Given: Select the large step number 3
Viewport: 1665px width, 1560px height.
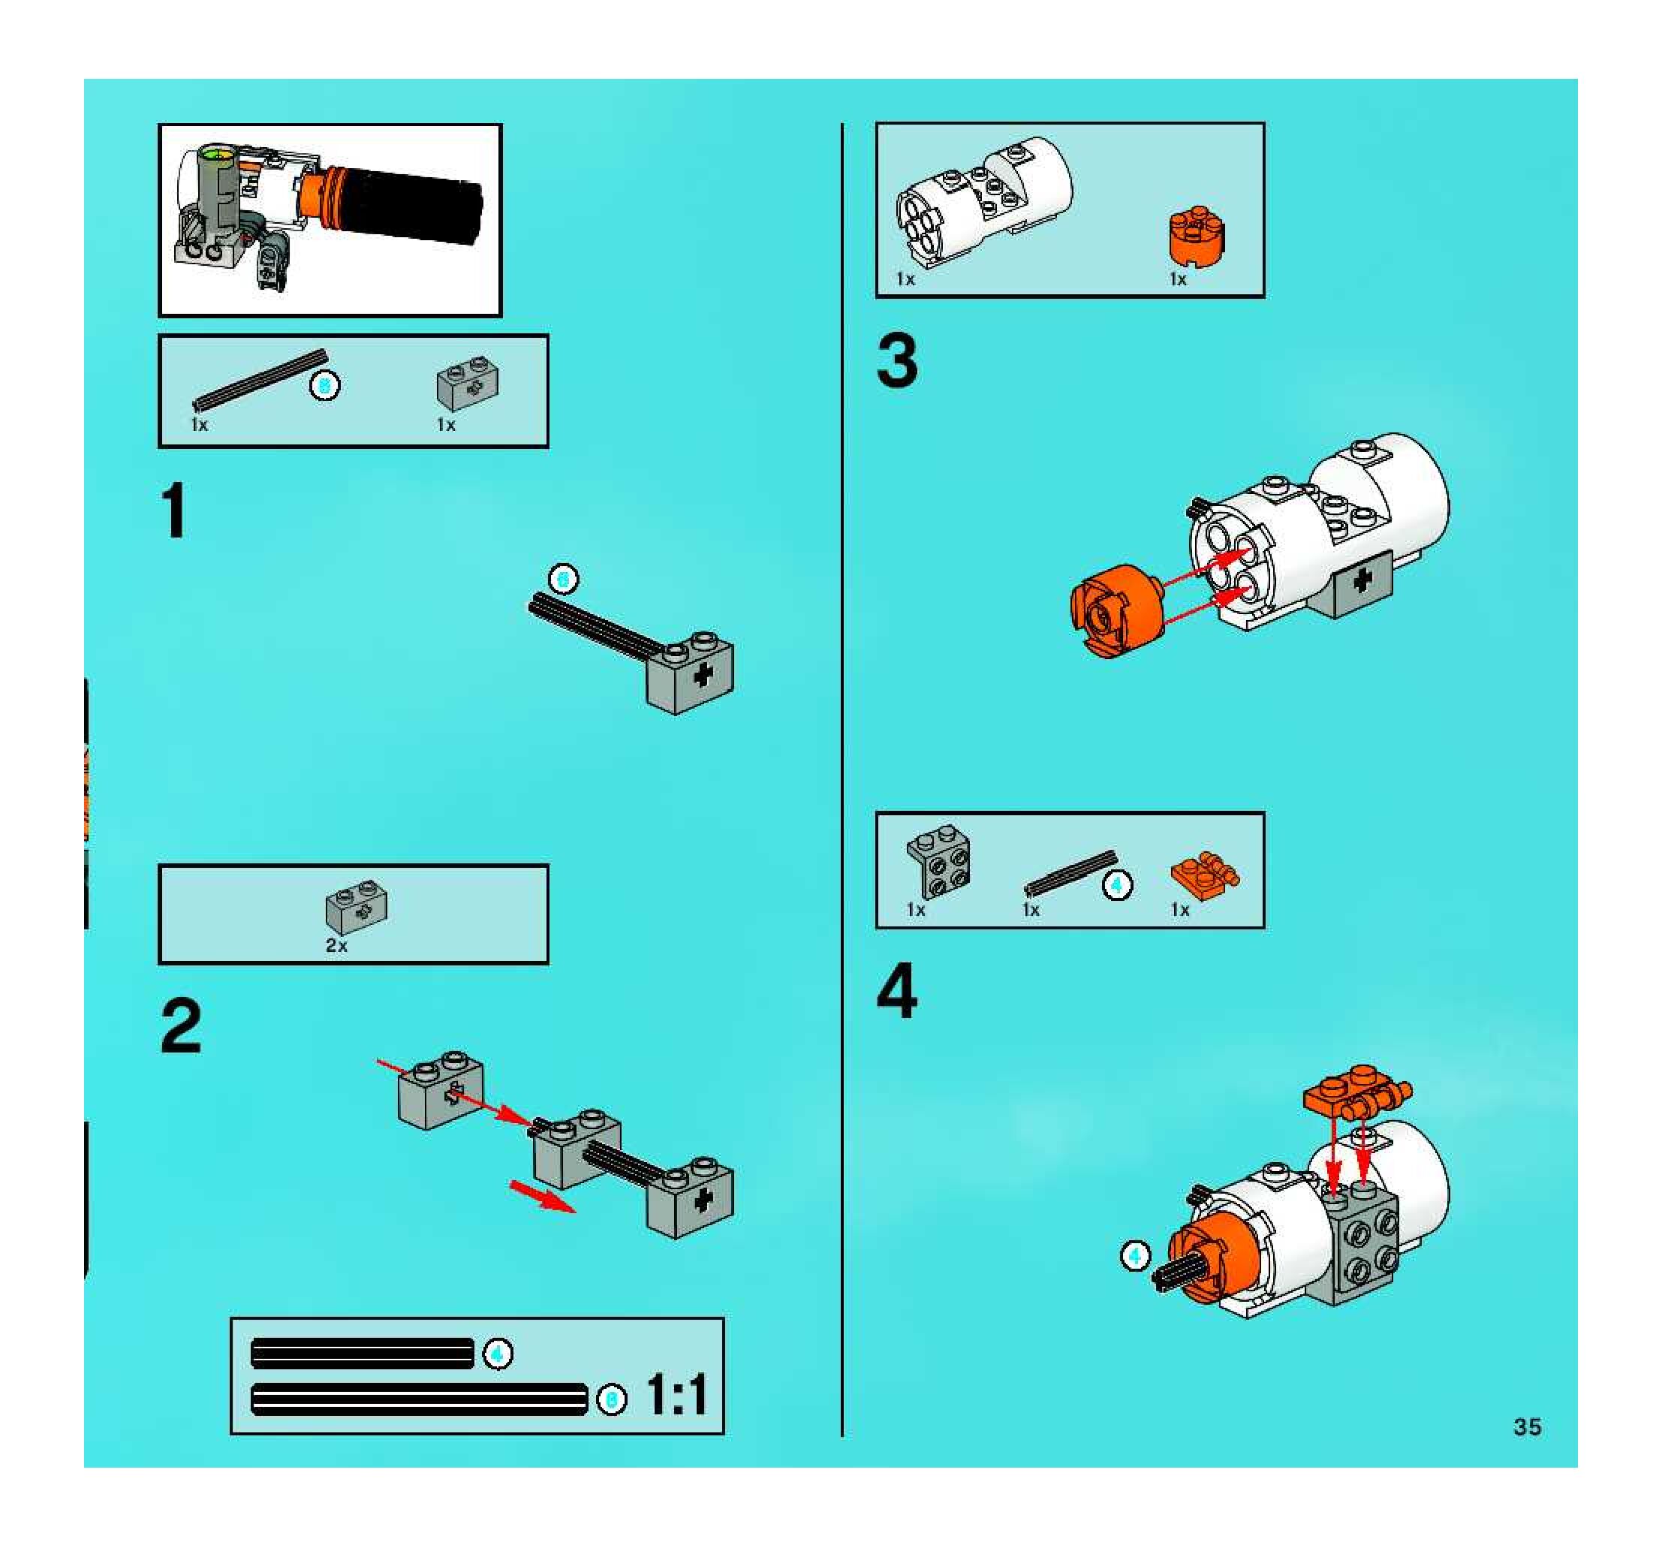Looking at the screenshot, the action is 897,361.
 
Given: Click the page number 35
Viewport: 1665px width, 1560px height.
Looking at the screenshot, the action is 1527,1427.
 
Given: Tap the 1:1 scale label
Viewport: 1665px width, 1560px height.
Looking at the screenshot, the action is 676,1395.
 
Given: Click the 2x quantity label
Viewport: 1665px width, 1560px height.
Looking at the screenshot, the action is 336,945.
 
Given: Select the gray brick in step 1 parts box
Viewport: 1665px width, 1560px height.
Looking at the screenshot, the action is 468,384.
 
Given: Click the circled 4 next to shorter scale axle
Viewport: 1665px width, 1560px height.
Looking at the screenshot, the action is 498,1354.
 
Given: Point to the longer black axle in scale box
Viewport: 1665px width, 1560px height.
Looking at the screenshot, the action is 419,1399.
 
